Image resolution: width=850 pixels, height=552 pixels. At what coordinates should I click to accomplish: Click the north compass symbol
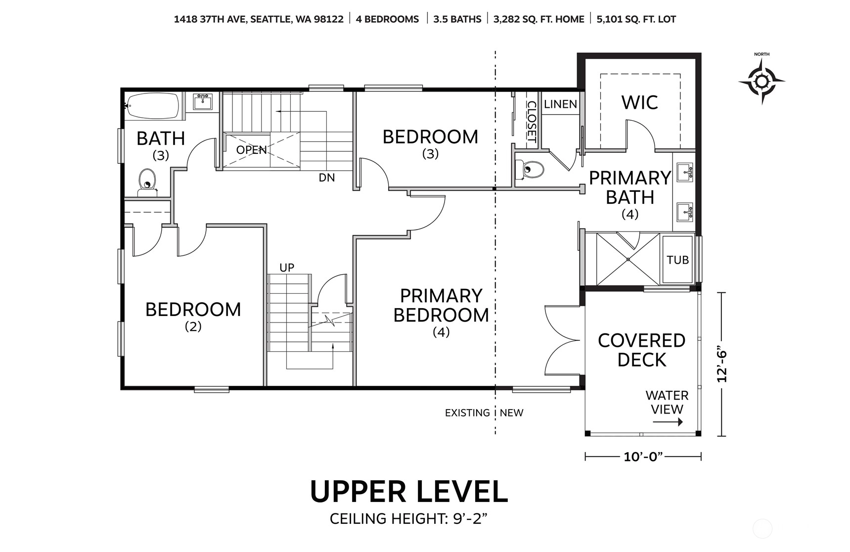761,81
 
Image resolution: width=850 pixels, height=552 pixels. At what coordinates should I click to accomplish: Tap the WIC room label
639,102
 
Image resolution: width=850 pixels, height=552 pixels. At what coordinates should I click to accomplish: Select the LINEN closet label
560,104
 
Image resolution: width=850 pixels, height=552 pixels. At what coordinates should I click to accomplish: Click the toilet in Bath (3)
147,183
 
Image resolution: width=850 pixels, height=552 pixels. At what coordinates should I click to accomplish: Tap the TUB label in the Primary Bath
677,260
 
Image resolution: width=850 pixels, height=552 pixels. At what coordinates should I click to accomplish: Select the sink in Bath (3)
202,102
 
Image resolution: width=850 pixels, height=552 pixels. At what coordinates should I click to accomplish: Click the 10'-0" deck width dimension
643,457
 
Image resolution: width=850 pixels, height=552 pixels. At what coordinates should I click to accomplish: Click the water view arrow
668,422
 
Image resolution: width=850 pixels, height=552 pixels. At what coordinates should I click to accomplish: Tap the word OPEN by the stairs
251,150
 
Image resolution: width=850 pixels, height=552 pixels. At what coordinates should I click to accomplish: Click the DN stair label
327,178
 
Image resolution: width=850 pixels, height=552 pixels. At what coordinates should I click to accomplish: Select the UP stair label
287,268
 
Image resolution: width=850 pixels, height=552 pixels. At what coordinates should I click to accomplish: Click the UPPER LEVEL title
409,491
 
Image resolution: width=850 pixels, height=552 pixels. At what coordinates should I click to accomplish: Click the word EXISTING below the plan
467,413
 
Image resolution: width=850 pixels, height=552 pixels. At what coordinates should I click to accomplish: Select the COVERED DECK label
642,350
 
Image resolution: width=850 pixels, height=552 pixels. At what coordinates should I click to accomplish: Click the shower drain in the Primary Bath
628,259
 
